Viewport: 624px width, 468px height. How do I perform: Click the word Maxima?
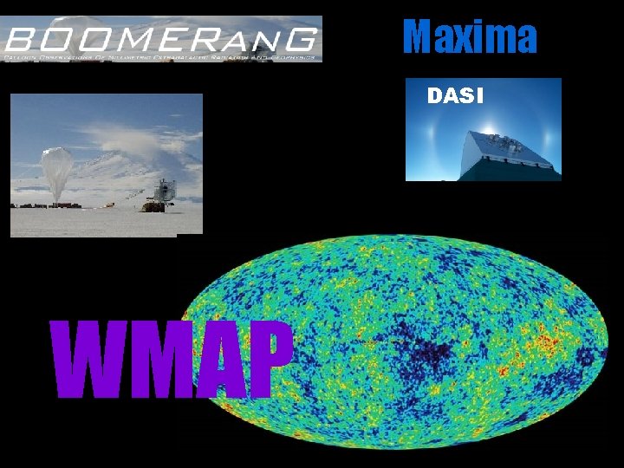click(x=471, y=36)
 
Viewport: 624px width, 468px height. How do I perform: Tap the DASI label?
click(x=455, y=96)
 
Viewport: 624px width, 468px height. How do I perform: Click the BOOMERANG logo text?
click(x=161, y=39)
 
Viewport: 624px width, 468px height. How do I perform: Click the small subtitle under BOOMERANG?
click(x=161, y=56)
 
